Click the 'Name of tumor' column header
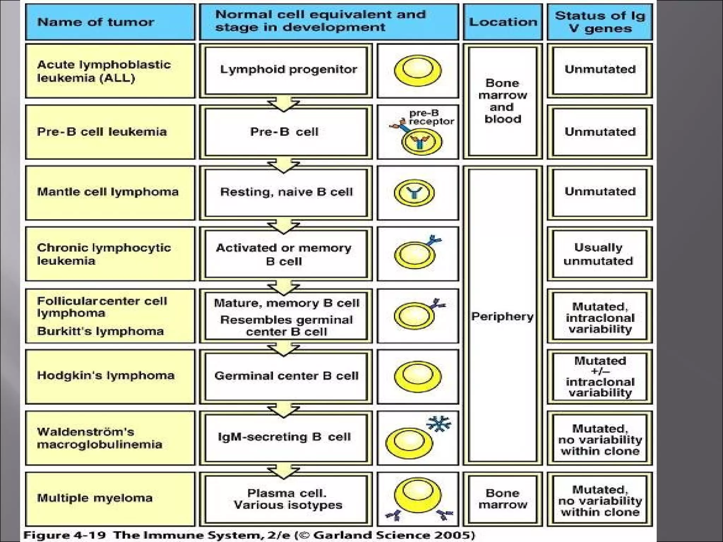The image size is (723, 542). coord(110,22)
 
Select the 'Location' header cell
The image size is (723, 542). coord(503,22)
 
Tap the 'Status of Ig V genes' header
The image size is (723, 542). coord(599,22)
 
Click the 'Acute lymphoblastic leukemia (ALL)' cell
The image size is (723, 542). coord(110,71)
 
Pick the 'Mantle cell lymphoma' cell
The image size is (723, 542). coord(110,192)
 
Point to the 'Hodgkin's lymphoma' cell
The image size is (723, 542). coord(110,376)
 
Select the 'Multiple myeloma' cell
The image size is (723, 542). coord(110,498)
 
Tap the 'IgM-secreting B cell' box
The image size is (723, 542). coord(285,437)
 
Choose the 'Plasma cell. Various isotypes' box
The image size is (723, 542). coord(287,499)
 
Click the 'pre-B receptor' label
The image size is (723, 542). coord(431,118)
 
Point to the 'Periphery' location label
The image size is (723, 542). coord(502,317)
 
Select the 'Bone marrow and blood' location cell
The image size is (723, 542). coord(503,101)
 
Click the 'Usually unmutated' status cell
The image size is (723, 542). coord(599,254)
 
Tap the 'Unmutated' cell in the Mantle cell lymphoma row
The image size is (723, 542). coord(599,192)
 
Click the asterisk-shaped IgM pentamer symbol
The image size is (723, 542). coord(438,423)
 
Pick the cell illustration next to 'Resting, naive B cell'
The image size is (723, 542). coord(414,193)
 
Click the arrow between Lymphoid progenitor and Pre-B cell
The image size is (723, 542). coord(283,105)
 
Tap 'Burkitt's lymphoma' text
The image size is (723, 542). coord(101,331)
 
